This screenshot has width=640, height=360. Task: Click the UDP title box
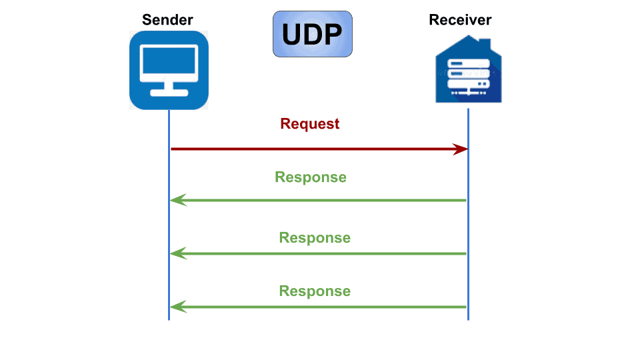point(312,34)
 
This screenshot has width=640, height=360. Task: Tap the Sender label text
point(168,19)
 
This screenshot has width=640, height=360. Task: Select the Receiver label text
point(460,19)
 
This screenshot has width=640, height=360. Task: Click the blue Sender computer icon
point(169,70)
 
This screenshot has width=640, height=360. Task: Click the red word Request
point(310,124)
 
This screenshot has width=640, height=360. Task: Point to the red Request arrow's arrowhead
point(461,149)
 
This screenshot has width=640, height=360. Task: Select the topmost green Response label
point(311,177)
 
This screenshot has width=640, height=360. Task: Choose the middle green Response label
point(315,238)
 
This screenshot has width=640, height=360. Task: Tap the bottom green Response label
point(315,291)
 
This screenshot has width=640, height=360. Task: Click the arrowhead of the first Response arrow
point(177,200)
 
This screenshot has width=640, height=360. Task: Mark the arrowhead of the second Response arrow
point(177,253)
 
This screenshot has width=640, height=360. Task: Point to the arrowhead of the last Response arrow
point(177,307)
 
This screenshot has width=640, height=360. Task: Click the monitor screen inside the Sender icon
point(169,62)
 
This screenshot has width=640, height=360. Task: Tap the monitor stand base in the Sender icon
point(169,93)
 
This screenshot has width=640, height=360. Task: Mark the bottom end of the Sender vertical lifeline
point(169,318)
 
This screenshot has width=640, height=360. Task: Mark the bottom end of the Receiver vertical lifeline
point(468,318)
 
